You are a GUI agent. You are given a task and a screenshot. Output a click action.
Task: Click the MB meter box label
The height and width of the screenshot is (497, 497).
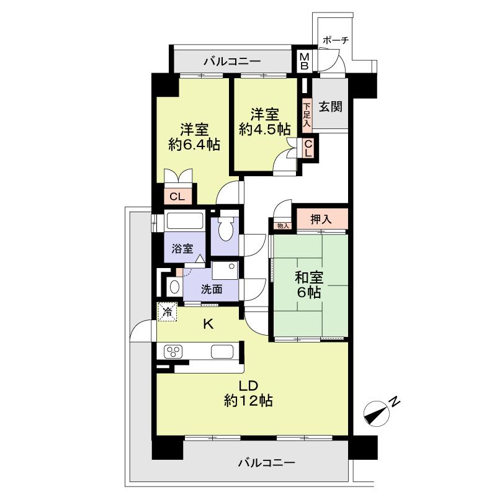click(x=304, y=61)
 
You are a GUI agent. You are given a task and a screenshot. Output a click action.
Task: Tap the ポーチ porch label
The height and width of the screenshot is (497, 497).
click(x=336, y=40)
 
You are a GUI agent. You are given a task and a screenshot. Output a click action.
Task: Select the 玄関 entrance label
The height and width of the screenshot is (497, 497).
click(x=330, y=107)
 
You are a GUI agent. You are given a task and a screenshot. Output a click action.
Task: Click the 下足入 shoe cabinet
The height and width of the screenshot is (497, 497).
click(x=307, y=115)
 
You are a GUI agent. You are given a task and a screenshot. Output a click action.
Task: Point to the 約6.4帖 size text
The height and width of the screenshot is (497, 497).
click(x=194, y=145)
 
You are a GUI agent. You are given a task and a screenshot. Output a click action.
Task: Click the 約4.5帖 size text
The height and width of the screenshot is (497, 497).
click(x=265, y=129)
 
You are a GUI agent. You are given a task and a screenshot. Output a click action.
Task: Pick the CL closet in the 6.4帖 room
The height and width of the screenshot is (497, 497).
click(x=178, y=197)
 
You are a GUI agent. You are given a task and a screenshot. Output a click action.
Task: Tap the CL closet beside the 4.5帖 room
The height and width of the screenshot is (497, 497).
click(x=308, y=148)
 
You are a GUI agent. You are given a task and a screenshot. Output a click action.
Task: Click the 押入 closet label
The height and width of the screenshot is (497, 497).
click(x=321, y=219)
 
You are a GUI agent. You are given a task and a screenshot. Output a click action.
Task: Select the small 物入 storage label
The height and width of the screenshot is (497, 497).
click(x=283, y=226)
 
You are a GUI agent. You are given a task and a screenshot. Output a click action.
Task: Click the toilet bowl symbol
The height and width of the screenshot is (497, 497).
click(x=226, y=229)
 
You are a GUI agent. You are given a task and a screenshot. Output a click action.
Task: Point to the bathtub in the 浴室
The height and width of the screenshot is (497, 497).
click(x=185, y=221)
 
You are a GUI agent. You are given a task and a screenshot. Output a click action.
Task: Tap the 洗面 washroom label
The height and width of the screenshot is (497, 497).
click(x=212, y=289)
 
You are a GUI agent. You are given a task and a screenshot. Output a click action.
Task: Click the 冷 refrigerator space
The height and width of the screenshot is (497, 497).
click(x=168, y=311)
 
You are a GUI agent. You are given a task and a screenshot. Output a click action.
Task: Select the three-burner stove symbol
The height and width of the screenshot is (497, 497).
click(x=173, y=351)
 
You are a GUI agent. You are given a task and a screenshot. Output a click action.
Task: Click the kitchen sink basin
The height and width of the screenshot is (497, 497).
click(x=222, y=351)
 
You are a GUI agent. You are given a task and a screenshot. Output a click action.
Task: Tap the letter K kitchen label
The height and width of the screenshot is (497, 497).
click(x=208, y=324)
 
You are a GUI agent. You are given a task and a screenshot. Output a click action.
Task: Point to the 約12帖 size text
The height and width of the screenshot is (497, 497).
click(x=248, y=401)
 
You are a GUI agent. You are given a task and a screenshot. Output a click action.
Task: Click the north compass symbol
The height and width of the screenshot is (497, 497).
click(x=377, y=413)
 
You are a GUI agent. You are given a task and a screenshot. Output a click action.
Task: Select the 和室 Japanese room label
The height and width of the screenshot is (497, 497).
click(x=309, y=278)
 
